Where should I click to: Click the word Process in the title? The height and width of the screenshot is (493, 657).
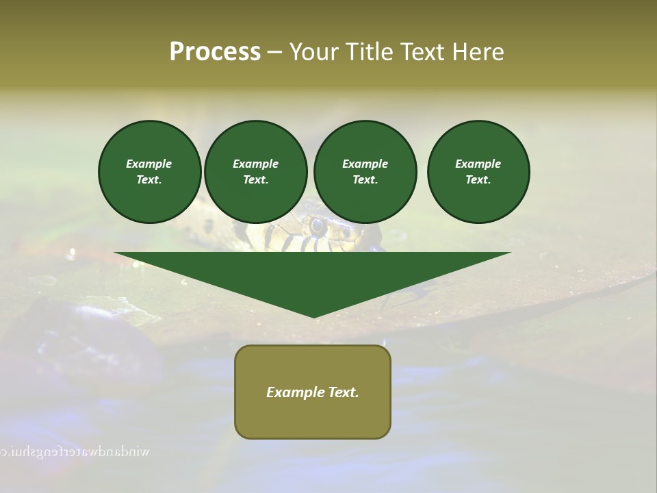[x=215, y=52]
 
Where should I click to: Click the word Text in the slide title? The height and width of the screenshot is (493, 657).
[x=425, y=52]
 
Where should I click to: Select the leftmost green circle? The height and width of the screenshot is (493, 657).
[x=149, y=172]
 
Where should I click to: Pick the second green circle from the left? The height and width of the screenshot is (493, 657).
[x=256, y=172]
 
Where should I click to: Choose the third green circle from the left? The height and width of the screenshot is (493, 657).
[x=365, y=172]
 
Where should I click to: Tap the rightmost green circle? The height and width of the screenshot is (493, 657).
[x=478, y=172]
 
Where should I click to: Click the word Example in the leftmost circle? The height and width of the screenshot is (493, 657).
[x=149, y=164]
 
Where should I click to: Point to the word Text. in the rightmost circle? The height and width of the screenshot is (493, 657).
[x=478, y=180]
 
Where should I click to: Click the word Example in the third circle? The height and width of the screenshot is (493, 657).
[x=365, y=164]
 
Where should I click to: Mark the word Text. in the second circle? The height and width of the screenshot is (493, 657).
[x=256, y=180]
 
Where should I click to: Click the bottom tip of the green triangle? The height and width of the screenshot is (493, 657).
[x=313, y=316]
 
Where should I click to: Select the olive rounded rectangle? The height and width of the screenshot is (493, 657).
[x=313, y=418]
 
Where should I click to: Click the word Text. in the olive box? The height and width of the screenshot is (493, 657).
[x=342, y=392]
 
